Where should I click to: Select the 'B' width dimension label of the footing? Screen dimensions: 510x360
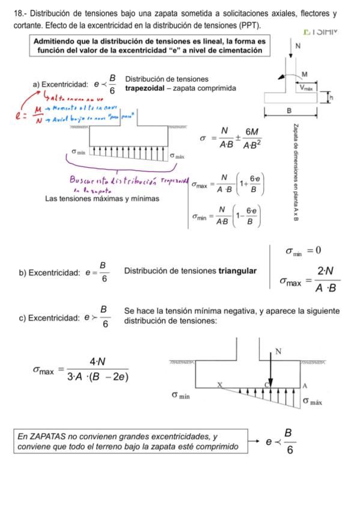[289, 111]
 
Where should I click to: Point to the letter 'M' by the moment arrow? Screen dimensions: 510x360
[304, 73]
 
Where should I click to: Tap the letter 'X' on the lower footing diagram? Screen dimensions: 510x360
[219, 384]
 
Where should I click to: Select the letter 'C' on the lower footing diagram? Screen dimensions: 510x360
[267, 384]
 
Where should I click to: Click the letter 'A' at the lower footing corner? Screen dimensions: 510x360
[304, 385]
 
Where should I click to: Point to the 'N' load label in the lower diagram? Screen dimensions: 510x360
[278, 351]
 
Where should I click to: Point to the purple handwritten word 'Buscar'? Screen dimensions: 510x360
[83, 180]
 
